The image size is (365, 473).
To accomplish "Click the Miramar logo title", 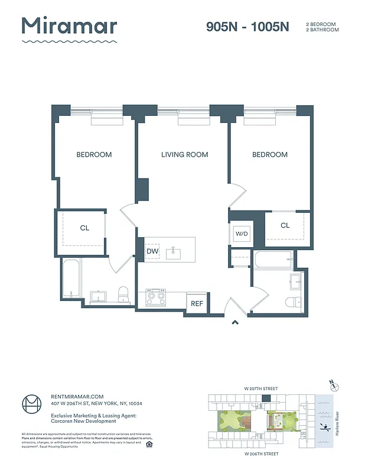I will point(69,27).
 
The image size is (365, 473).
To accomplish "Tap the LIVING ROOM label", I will point(184,155).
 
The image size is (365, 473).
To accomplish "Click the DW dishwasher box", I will point(152,252).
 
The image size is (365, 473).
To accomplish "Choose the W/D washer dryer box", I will point(242,234).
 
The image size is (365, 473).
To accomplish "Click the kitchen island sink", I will point(174,253).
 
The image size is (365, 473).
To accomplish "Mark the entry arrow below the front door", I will point(234,322).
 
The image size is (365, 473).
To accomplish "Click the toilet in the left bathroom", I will point(123,293).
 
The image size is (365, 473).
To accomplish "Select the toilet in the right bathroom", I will point(293,302).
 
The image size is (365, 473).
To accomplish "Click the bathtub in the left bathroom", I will point(70,280).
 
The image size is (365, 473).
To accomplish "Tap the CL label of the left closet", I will point(84,228).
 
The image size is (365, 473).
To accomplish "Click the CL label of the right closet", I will point(285,225).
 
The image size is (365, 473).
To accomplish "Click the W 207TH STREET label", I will point(260,388).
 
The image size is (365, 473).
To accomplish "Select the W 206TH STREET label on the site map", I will point(260,454).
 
